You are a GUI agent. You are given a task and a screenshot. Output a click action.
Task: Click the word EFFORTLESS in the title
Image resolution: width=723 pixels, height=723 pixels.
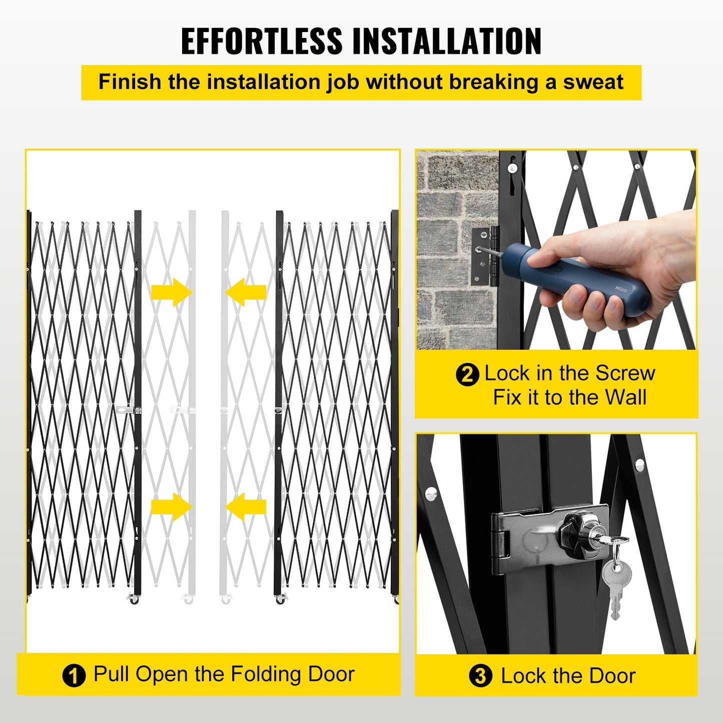tap(261, 41)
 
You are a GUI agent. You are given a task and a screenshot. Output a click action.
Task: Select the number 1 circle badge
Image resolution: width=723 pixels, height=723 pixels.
tap(74, 676)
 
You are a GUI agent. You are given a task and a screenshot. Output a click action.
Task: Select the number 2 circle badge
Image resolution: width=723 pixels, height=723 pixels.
tap(467, 374)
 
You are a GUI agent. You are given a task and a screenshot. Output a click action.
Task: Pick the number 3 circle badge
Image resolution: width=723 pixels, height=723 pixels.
tap(480, 676)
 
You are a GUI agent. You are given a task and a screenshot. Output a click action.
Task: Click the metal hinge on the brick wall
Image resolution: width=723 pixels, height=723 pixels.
tap(485, 256)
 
